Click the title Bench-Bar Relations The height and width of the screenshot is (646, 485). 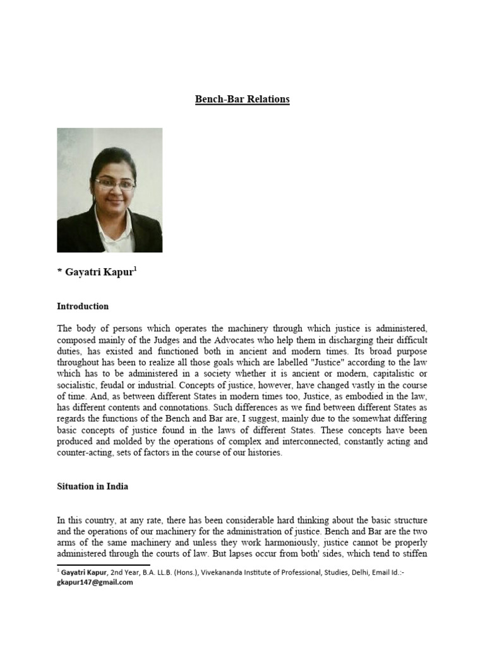242,99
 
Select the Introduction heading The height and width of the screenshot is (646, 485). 83,306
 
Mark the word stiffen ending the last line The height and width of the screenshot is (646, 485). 414,554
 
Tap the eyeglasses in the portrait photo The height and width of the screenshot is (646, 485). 114,184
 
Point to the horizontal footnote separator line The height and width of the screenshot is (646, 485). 104,565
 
